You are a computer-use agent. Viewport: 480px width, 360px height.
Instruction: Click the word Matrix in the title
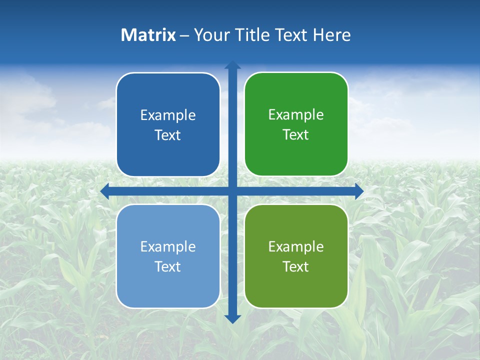click(x=148, y=35)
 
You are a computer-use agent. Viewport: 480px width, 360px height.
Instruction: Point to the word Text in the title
click(x=291, y=35)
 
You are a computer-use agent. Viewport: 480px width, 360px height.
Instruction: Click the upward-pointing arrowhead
click(x=232, y=64)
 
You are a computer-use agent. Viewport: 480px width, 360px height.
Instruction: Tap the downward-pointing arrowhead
click(x=232, y=319)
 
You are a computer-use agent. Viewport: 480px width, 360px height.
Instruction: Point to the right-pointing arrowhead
click(x=359, y=191)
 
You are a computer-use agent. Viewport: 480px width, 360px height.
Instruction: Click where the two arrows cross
click(x=232, y=191)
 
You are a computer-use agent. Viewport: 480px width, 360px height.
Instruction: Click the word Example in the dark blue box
click(x=168, y=115)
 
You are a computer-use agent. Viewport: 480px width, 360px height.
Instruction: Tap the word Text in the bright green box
click(x=296, y=135)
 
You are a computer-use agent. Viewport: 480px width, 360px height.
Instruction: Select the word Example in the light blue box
click(x=168, y=246)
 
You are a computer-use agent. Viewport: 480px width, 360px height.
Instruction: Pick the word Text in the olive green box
click(x=296, y=266)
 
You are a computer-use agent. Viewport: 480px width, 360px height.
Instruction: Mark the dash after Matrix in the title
click(x=184, y=35)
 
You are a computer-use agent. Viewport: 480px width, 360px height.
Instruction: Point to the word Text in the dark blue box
click(x=168, y=135)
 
